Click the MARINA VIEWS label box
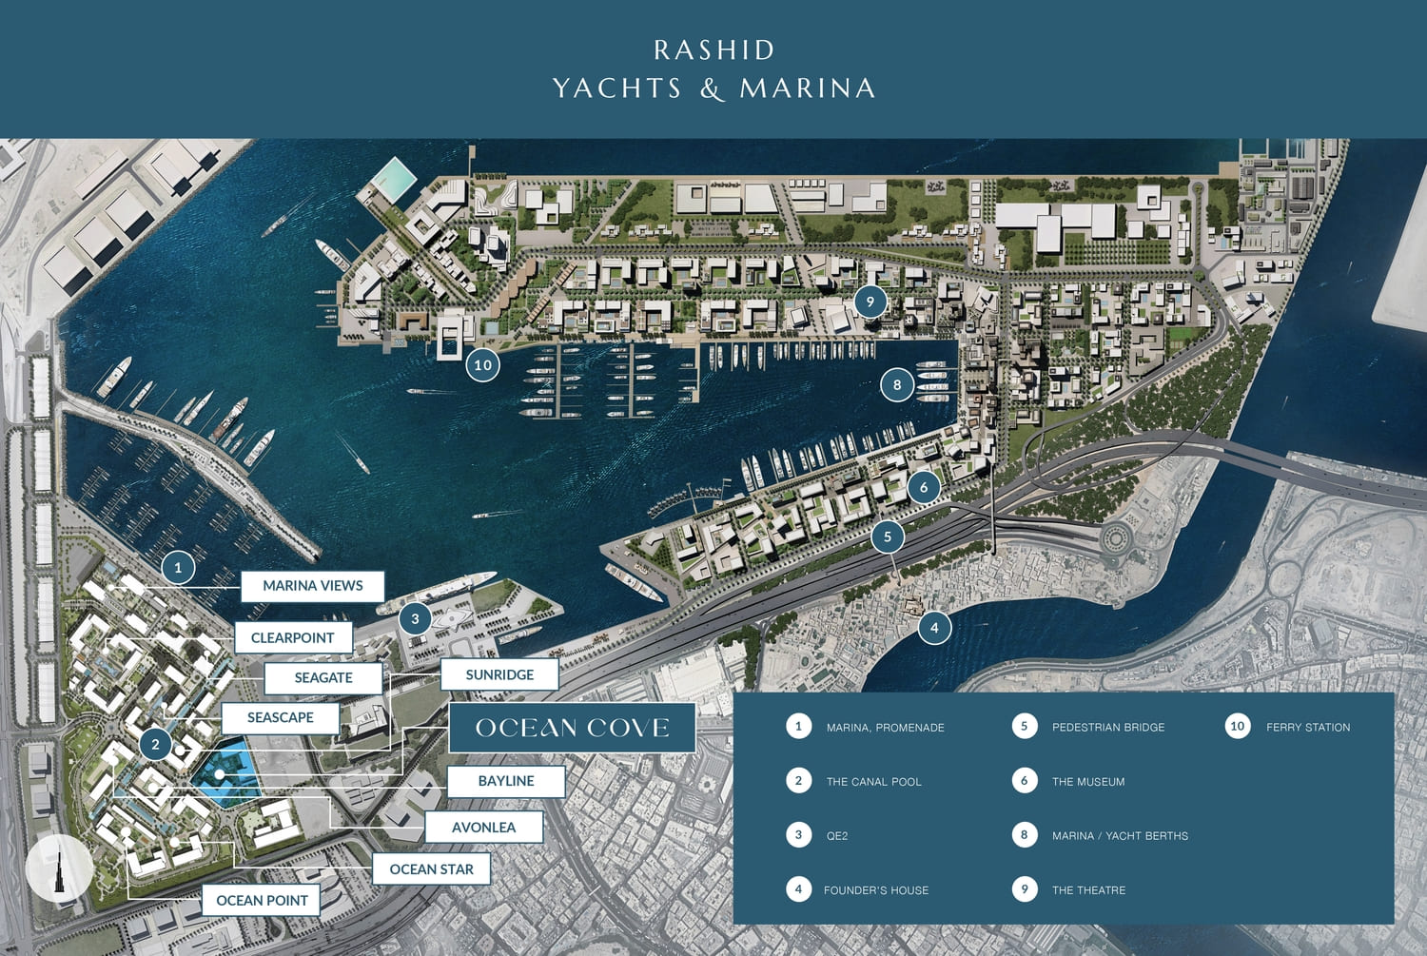tap(312, 586)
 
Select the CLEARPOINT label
tap(292, 637)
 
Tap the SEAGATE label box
tap(323, 677)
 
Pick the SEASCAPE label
tap(280, 717)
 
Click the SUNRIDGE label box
tap(499, 674)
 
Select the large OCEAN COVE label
tap(572, 728)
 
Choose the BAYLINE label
tap(506, 781)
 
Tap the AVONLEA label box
tap(483, 827)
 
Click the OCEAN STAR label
tap(431, 868)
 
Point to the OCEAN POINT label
tap(262, 900)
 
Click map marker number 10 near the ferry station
tap(482, 364)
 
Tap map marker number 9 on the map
tap(870, 302)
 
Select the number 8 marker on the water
tap(896, 385)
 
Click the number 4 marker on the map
tap(934, 628)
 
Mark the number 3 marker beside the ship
tap(415, 618)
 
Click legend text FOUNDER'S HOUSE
tap(875, 890)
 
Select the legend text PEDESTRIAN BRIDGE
tap(1107, 727)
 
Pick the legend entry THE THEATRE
tap(1088, 890)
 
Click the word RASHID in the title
tap(713, 49)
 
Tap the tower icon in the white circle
tap(59, 868)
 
